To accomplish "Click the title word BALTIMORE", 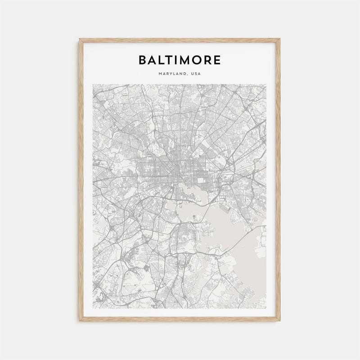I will [180, 60].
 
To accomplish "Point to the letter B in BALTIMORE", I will [143, 60].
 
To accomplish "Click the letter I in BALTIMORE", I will [175, 60].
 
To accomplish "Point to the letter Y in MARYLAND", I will [171, 73].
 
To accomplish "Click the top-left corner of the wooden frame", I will [80, 40].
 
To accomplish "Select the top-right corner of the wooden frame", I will [279, 40].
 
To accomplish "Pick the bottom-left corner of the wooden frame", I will [80, 320].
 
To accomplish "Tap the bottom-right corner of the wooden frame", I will [279, 320].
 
